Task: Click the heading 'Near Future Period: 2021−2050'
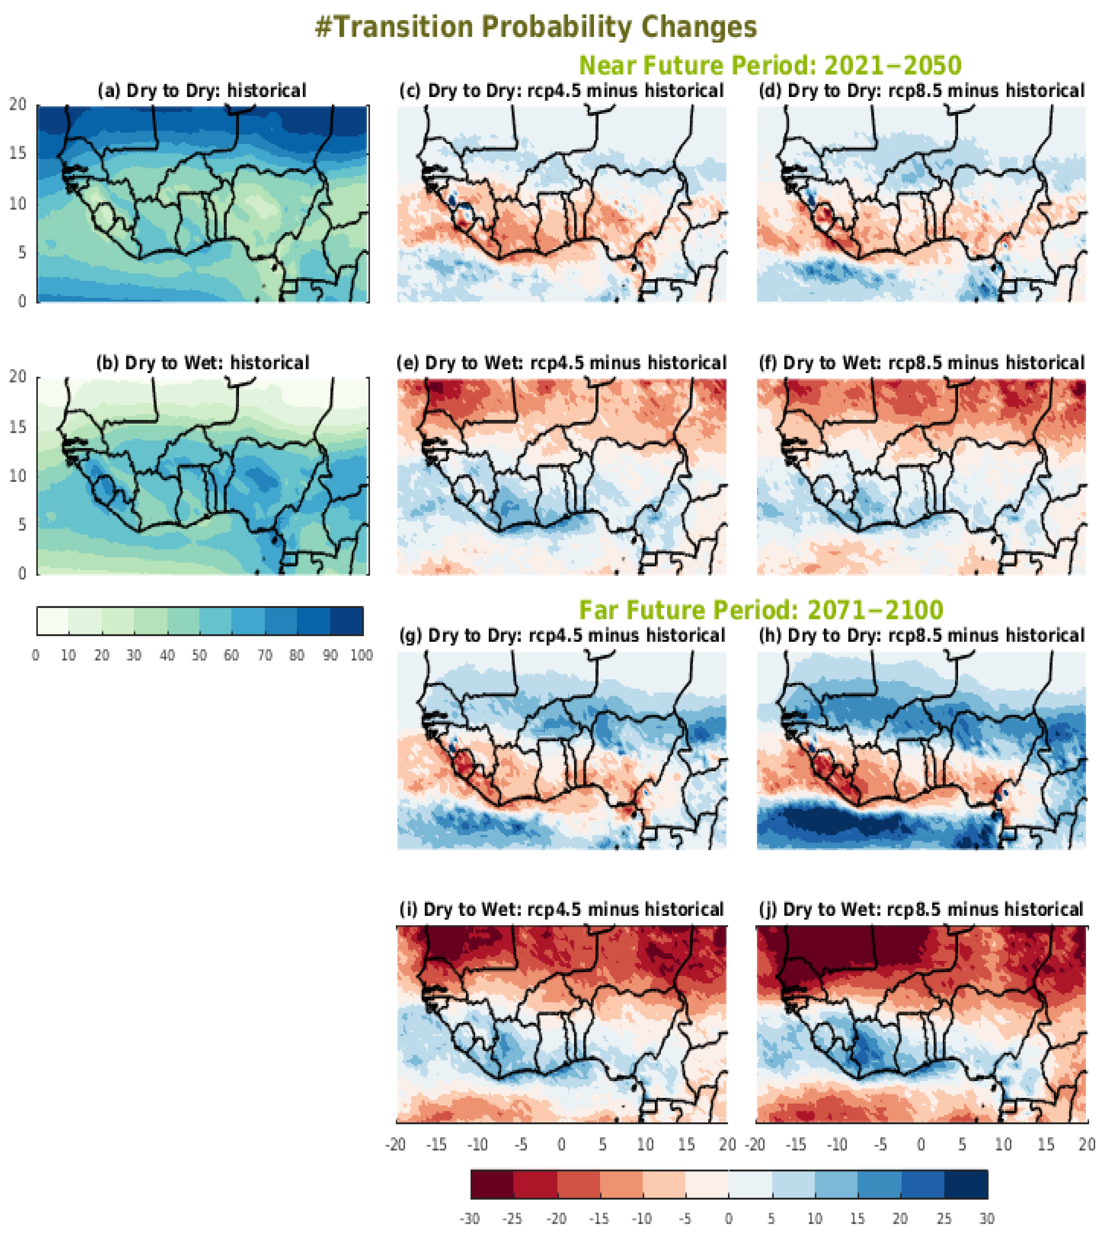770,65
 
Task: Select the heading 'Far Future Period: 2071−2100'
761,610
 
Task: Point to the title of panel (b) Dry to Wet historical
202,363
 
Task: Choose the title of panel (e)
562,363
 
